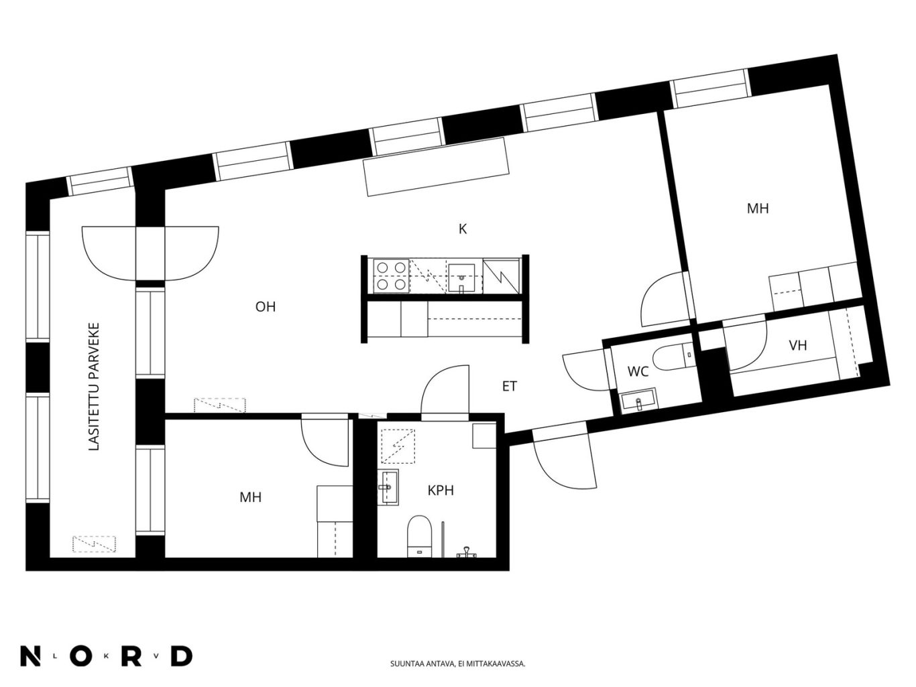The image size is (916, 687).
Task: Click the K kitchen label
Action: click(462, 229)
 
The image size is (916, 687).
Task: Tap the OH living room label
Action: click(266, 307)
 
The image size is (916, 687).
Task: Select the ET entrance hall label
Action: click(510, 387)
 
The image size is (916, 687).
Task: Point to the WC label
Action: click(638, 372)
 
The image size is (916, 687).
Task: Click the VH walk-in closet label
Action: click(797, 345)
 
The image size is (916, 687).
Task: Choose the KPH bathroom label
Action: click(441, 491)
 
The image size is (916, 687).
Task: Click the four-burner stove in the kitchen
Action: click(391, 275)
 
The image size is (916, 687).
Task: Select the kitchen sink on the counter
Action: click(461, 277)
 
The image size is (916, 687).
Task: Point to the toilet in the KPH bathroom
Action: click(419, 536)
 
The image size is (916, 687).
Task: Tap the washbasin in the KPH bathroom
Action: click(388, 487)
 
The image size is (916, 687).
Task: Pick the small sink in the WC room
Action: click(638, 401)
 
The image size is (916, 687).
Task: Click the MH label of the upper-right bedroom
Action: click(758, 208)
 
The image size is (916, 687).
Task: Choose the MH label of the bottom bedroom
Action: click(250, 497)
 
